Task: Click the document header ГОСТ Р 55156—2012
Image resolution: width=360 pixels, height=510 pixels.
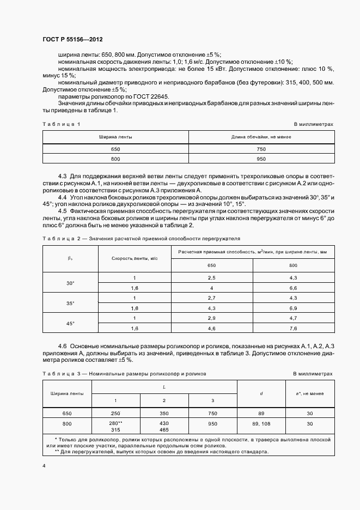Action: point(72,40)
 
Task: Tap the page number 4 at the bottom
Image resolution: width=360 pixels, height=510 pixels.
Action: point(44,466)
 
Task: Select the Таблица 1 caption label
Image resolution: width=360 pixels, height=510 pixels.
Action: point(61,124)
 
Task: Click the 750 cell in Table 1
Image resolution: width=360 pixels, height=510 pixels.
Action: point(260,149)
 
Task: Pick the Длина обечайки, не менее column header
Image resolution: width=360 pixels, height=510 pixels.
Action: point(260,137)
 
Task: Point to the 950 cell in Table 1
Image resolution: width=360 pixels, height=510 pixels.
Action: point(260,159)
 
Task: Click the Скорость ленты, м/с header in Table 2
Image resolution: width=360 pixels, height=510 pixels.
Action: point(135,258)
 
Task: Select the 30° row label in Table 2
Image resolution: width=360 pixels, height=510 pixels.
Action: point(70,283)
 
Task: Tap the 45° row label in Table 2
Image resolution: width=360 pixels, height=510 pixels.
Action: point(70,323)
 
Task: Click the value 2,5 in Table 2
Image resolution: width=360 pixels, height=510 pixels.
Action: point(212,278)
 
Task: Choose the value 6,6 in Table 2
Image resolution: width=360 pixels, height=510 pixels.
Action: point(293,288)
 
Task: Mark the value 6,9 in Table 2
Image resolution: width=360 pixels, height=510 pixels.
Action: point(293,308)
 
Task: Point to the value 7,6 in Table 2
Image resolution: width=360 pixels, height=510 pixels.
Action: point(293,328)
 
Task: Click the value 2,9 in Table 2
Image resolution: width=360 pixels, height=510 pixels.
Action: point(212,318)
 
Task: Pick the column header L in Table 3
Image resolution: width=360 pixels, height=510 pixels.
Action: point(164,386)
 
